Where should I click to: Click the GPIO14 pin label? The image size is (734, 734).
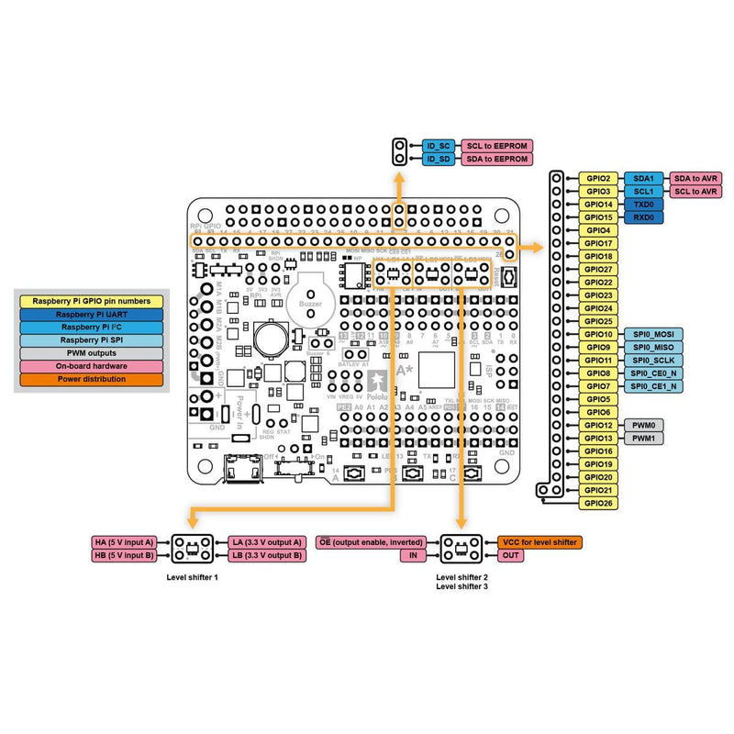coord(598,204)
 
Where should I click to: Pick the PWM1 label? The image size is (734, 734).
coord(642,439)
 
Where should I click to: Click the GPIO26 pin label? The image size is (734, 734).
coord(598,504)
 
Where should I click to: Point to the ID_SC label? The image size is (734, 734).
coord(439,146)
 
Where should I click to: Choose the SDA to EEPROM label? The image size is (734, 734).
coord(496,159)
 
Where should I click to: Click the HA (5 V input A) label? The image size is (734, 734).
coord(126,542)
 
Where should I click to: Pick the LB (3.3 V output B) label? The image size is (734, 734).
coord(265,555)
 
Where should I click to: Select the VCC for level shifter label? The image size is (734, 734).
coord(539,542)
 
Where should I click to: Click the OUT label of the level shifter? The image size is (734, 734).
coord(512,555)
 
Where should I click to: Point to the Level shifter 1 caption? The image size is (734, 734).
coord(193,578)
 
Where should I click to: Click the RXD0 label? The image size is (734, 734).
coord(642,217)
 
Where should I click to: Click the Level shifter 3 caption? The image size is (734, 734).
coord(462,585)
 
